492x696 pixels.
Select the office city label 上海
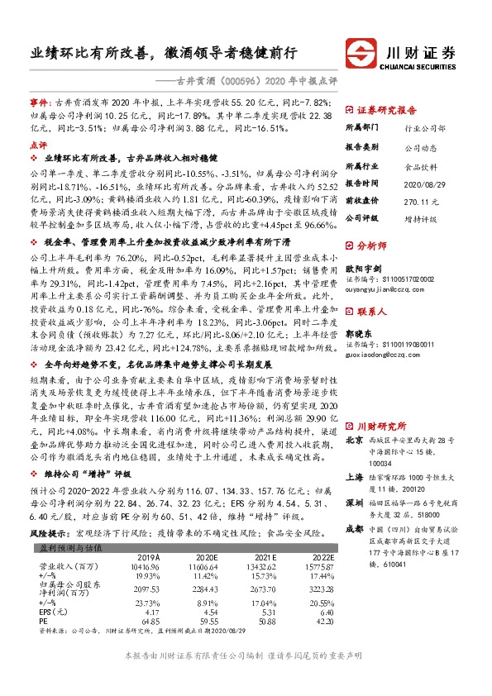click(x=354, y=477)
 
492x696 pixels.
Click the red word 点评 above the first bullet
click(x=38, y=143)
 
